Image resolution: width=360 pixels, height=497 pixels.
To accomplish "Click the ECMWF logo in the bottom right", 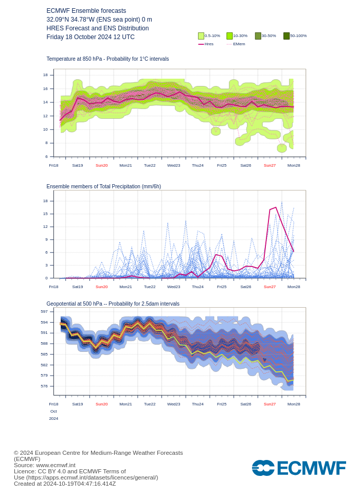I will click(x=299, y=468).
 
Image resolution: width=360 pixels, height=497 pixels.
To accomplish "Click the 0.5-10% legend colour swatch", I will click(x=201, y=36).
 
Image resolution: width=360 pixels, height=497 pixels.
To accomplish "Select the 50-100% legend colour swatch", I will click(x=286, y=36).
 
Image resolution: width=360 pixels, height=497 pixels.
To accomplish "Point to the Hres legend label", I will click(x=209, y=44).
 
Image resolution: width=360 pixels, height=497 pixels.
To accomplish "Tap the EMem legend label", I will click(x=239, y=44).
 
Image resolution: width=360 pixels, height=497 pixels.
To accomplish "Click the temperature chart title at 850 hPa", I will click(x=107, y=59).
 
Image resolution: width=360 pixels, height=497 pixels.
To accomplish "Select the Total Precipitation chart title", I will click(x=103, y=187).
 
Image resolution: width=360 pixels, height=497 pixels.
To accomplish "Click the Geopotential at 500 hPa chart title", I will click(x=113, y=304).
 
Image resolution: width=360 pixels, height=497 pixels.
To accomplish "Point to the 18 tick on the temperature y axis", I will click(x=45, y=75).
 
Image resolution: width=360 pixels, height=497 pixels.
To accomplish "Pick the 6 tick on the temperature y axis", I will click(x=46, y=157).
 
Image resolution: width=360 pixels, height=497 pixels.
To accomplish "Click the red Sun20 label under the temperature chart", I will click(x=102, y=166).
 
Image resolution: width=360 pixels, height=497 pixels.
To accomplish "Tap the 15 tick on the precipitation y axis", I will click(x=45, y=214).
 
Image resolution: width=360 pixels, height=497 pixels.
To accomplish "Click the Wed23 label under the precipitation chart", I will click(x=174, y=287).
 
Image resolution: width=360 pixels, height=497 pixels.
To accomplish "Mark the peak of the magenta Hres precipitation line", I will click(x=276, y=207).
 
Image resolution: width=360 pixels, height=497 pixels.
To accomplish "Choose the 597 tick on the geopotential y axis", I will click(x=44, y=312).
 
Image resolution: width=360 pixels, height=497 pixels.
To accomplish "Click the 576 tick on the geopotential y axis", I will click(x=44, y=386).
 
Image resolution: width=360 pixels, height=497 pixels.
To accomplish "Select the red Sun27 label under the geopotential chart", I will click(x=269, y=404).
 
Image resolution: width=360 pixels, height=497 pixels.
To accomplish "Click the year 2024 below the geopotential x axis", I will click(x=53, y=419).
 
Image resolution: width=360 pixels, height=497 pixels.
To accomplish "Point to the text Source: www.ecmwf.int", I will click(x=45, y=465).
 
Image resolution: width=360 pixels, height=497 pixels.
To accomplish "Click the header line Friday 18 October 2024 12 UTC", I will click(x=91, y=37).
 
